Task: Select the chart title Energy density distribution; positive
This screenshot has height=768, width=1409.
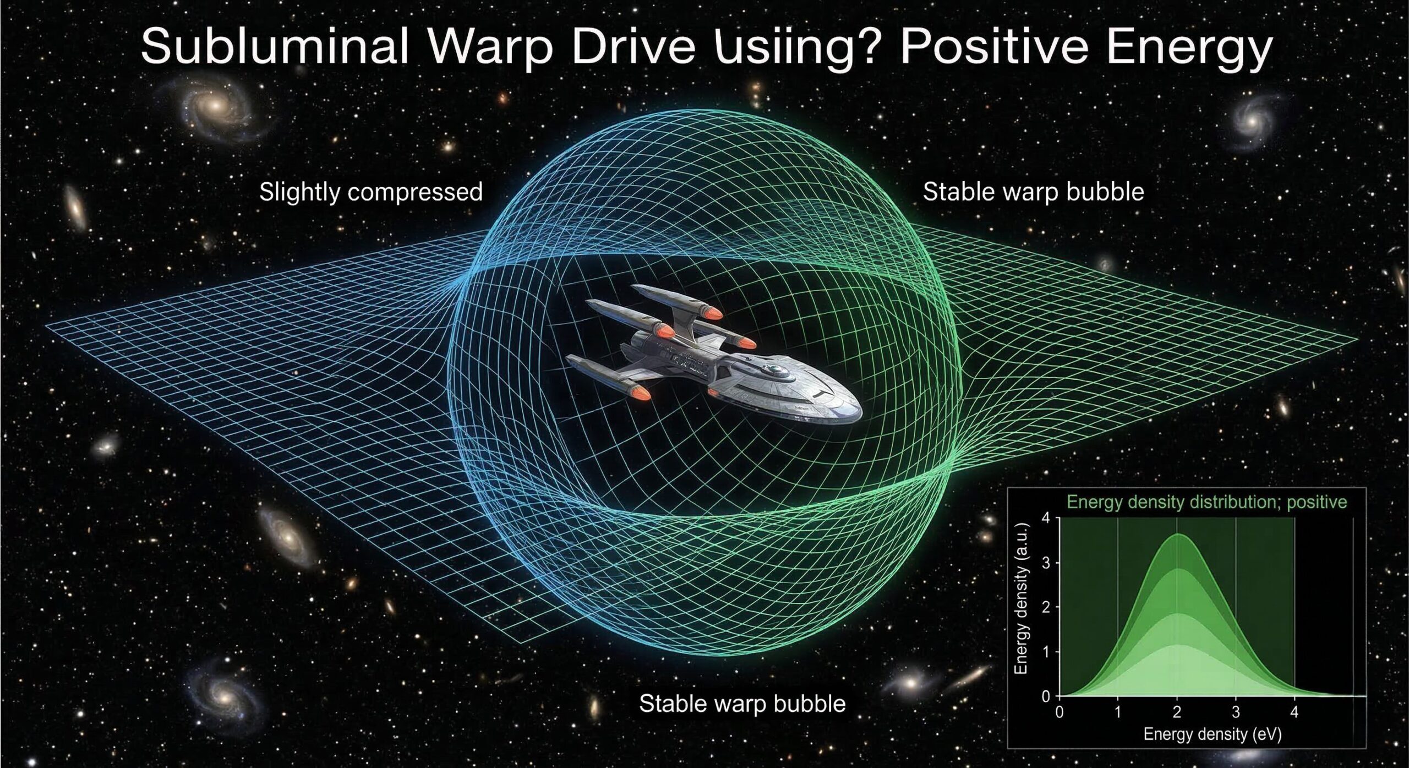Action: tap(1207, 502)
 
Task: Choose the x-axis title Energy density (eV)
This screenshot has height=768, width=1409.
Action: tap(1213, 734)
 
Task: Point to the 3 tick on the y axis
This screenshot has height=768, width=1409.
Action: tap(1046, 563)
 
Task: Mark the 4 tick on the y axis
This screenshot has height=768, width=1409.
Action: tap(1046, 518)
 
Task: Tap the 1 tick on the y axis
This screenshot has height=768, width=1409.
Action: tap(1046, 652)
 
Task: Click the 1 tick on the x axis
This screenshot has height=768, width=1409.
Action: tap(1118, 712)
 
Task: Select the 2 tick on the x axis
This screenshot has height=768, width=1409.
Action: tap(1177, 712)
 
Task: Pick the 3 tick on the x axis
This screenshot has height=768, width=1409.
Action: tap(1236, 712)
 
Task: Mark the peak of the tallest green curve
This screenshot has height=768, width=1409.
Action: tap(1177, 534)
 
